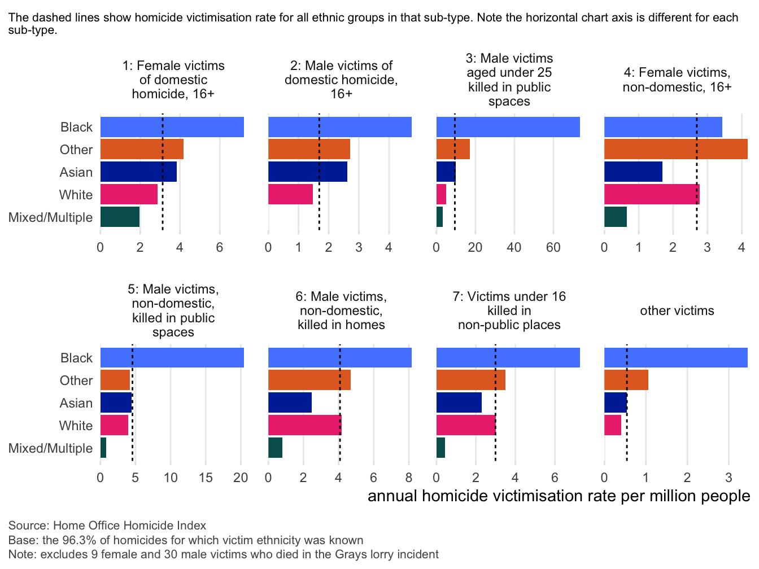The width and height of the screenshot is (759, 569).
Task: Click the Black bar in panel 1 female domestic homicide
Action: point(172,127)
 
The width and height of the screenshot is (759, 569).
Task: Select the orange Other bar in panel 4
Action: point(675,149)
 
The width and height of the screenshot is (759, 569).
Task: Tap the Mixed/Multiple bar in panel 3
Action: point(439,217)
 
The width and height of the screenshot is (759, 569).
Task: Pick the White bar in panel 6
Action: point(304,425)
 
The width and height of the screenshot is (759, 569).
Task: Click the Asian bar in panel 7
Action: point(459,402)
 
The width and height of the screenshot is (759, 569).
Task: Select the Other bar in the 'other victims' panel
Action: point(626,380)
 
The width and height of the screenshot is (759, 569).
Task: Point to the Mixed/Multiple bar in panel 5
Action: point(103,448)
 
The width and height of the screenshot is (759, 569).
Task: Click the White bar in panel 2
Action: point(290,194)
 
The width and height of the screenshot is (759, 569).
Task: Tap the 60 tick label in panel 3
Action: point(553,247)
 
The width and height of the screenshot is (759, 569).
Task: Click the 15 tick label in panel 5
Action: point(206,478)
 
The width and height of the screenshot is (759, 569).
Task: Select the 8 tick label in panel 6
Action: point(409,478)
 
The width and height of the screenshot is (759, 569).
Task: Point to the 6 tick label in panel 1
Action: point(219,247)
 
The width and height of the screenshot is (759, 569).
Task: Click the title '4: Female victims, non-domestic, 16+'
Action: point(677,80)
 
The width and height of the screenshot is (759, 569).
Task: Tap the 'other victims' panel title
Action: point(677,310)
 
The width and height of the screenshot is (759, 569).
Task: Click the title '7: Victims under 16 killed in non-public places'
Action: point(509,310)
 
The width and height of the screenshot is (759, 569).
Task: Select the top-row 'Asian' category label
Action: point(76,172)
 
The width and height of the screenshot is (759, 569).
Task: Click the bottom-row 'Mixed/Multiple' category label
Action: point(50,448)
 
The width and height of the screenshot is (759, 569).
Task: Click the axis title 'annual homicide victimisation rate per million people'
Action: point(559,496)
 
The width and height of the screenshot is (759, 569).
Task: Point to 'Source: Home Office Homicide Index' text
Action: point(107,526)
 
